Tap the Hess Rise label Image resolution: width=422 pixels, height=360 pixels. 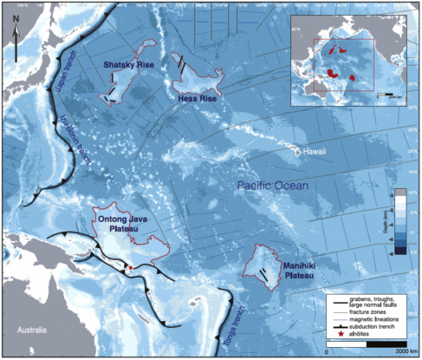199,99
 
